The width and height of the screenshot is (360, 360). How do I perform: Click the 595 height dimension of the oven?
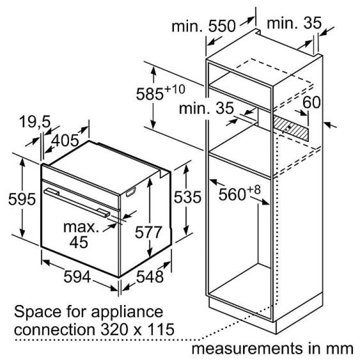coord(22,199)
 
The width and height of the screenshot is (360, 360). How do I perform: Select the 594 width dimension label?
coord(77,276)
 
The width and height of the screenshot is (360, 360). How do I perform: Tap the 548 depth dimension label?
coord(150,276)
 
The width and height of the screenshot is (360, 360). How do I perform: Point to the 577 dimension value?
coord(148,232)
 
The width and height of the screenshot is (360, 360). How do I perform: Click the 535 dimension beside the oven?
coord(187,197)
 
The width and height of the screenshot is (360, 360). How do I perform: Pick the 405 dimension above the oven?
coord(65,140)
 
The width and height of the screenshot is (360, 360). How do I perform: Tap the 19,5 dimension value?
coord(34,121)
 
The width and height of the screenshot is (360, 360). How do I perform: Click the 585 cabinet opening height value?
coord(149,94)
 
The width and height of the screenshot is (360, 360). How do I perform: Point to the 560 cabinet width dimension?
coord(232,194)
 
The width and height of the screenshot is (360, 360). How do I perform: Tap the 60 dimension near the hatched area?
coord(311,102)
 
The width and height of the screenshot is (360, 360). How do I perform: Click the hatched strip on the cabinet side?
coord(290,128)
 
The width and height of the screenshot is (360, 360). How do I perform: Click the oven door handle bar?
coord(77,202)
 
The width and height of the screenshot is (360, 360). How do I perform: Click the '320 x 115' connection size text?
coord(137,329)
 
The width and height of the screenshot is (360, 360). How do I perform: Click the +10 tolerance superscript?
coord(174,89)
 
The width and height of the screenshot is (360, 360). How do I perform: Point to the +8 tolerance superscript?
coord(253,190)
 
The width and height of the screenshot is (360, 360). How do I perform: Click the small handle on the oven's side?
coord(131,192)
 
